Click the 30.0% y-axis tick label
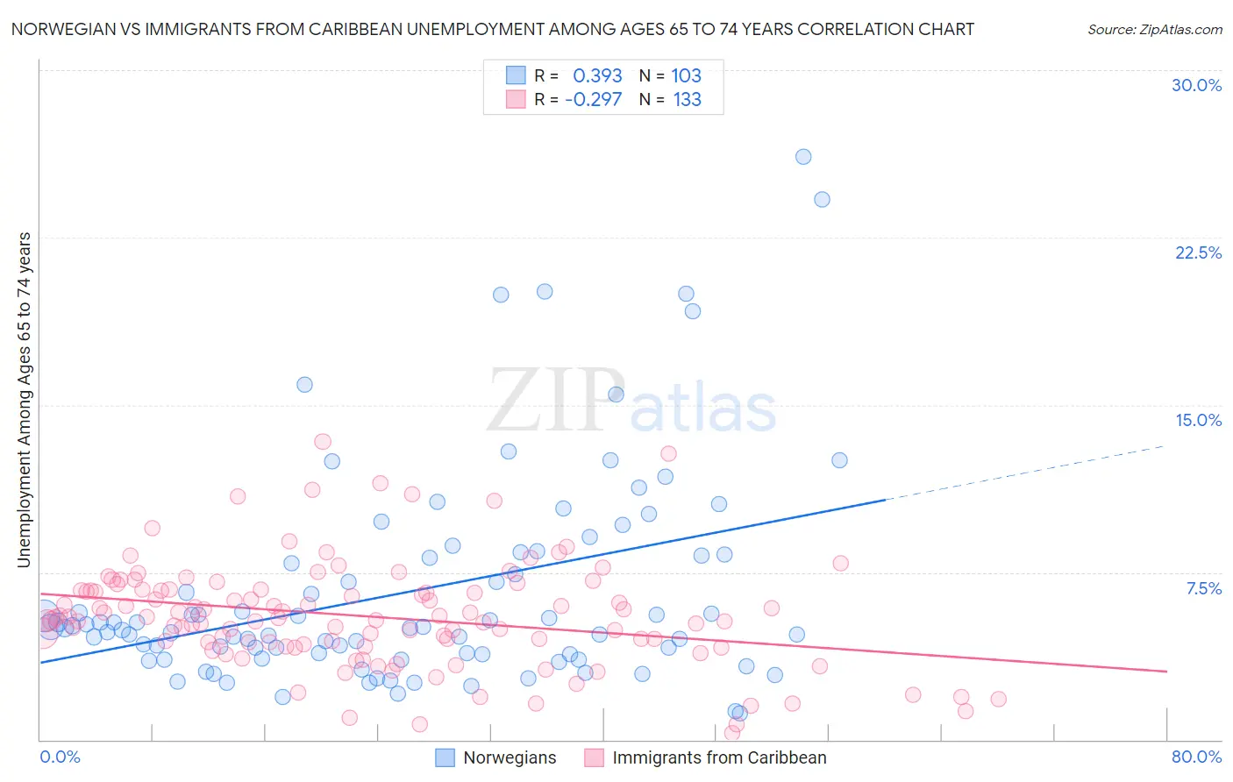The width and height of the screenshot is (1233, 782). click(1196, 85)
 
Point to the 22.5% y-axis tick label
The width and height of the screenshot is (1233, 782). click(1198, 252)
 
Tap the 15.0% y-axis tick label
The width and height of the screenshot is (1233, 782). click(1198, 420)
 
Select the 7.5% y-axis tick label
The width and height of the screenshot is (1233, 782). click(1203, 588)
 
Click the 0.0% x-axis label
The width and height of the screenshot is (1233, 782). click(60, 757)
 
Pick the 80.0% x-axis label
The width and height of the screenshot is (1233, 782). click(1196, 757)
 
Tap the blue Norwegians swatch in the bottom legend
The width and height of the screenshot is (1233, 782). click(445, 757)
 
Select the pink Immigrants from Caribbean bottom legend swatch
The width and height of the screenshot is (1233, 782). click(595, 757)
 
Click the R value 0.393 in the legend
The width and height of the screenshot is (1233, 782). click(597, 76)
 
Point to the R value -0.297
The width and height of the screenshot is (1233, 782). click(594, 100)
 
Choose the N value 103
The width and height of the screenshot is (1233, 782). click(686, 76)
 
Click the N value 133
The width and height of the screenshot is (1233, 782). click(687, 100)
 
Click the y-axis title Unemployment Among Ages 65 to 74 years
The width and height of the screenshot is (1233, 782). click(24, 400)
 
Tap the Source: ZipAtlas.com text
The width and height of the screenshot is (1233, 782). click(1154, 30)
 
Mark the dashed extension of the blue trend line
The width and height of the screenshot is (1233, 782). click(1026, 473)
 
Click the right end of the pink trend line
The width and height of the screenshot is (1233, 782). click(1165, 671)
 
